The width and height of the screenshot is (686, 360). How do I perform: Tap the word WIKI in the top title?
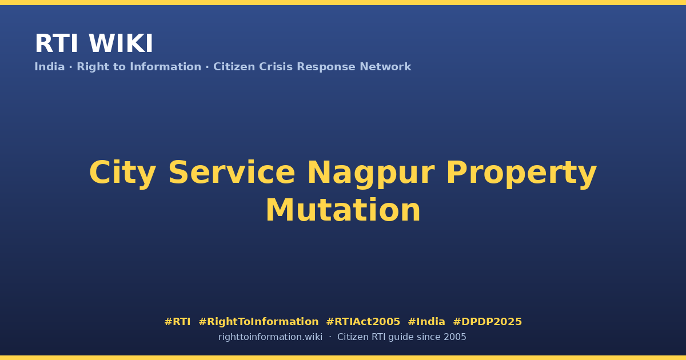121,43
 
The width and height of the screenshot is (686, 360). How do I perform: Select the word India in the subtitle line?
50,67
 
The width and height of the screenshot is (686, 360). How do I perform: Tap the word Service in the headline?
232,173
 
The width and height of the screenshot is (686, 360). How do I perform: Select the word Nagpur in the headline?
371,174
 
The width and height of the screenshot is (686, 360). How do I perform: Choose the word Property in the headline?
521,174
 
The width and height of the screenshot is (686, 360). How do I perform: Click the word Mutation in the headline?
343,210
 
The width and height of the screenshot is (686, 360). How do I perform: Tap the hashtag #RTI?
177,322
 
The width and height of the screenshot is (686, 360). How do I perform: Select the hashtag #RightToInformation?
258,322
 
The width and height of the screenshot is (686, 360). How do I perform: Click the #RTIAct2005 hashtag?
363,322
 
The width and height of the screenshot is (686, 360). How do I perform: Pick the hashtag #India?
426,322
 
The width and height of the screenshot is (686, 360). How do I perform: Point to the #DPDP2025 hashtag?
487,322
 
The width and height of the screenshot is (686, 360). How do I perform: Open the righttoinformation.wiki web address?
270,337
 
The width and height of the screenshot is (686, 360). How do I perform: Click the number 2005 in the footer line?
455,337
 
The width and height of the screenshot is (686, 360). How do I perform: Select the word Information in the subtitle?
166,67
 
